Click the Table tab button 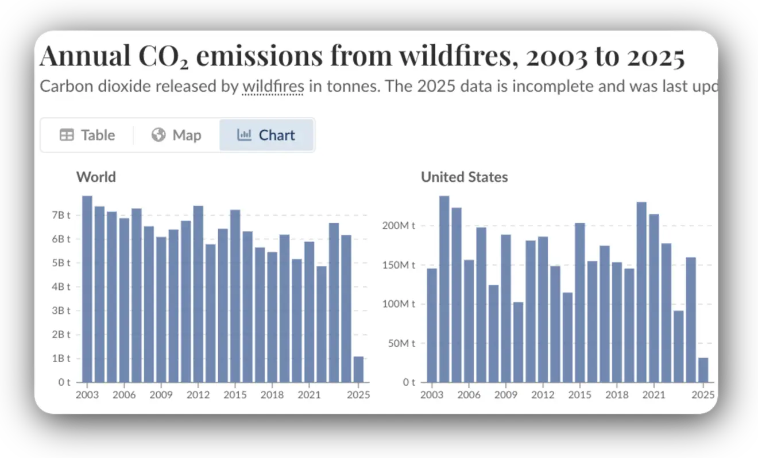click(x=87, y=135)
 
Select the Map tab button click(x=176, y=135)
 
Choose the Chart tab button click(x=266, y=135)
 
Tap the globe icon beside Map click(x=158, y=135)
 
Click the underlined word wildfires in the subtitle click(x=273, y=87)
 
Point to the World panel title click(x=96, y=177)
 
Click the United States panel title click(x=464, y=177)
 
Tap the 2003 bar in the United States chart click(x=432, y=325)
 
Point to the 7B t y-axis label click(x=60, y=215)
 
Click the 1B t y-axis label click(x=60, y=358)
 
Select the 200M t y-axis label click(x=399, y=226)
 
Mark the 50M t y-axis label click(x=401, y=343)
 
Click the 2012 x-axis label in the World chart click(x=198, y=395)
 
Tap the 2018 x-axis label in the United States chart click(x=617, y=395)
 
